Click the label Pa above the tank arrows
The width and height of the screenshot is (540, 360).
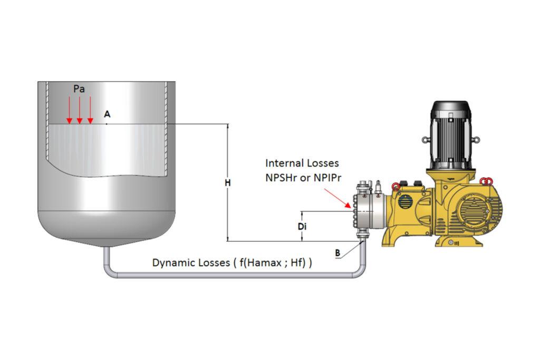click(79, 89)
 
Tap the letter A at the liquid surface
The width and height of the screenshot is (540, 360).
click(107, 114)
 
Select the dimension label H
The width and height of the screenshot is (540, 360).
click(228, 183)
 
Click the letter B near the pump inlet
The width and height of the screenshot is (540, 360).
click(337, 253)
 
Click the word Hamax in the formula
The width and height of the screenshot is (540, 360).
click(263, 262)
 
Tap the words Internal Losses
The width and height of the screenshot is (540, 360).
click(302, 163)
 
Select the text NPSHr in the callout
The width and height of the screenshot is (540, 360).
click(282, 178)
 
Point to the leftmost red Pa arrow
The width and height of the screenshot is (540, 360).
click(69, 111)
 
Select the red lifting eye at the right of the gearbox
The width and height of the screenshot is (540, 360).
click(486, 182)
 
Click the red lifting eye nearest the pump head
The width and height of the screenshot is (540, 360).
click(394, 185)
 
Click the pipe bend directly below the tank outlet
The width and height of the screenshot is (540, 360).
click(108, 269)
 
